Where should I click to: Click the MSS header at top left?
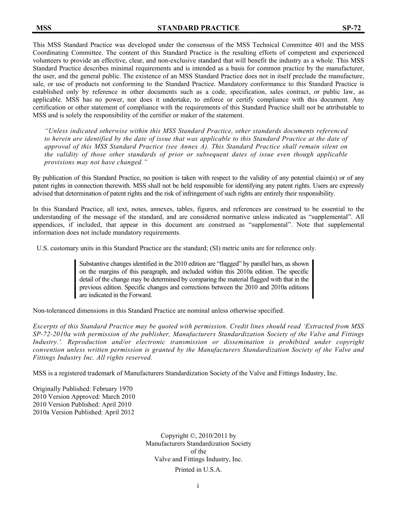[43, 28]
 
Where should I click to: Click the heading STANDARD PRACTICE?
[198, 28]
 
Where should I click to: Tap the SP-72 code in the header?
[351, 28]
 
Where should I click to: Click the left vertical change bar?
[75, 279]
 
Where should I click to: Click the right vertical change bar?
[313, 279]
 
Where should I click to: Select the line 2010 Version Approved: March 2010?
[84, 397]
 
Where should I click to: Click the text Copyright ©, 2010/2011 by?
[198, 436]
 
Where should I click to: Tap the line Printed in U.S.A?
[198, 469]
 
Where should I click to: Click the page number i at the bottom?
[198, 485]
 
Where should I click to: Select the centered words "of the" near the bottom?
[198, 451]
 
